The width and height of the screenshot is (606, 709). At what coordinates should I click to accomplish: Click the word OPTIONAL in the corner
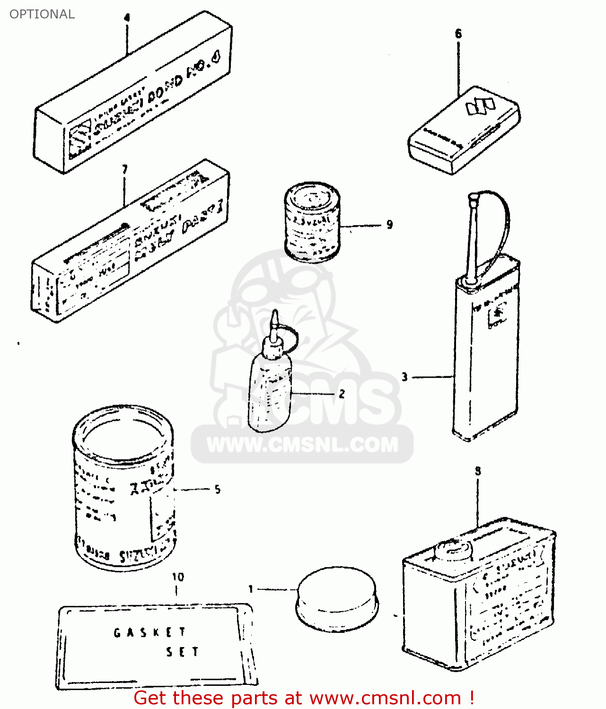(x=42, y=14)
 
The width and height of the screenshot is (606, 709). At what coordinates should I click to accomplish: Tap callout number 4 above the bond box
(x=126, y=18)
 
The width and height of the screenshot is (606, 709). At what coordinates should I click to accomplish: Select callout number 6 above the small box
(x=458, y=34)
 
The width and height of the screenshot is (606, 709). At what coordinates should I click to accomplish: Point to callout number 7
(x=124, y=169)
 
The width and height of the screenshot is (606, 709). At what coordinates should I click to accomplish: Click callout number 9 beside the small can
(x=389, y=225)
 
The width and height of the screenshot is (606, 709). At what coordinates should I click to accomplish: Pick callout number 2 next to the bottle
(x=342, y=393)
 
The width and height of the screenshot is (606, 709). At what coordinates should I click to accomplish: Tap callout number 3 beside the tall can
(x=404, y=377)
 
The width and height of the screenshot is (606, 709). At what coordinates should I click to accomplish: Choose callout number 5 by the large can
(x=217, y=489)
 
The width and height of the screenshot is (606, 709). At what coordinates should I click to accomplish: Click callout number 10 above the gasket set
(x=178, y=577)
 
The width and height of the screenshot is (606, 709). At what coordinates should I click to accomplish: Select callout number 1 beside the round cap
(x=251, y=589)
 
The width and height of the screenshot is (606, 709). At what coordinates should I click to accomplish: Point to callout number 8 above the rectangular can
(x=478, y=471)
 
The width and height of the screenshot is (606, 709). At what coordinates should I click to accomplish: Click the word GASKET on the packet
(x=150, y=632)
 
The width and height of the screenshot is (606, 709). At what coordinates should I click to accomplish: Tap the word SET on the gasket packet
(x=182, y=652)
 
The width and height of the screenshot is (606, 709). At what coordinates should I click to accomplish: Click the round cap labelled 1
(x=336, y=598)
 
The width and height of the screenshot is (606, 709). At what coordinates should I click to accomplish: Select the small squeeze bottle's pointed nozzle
(x=274, y=321)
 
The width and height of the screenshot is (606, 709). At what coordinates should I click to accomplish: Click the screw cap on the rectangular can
(x=454, y=549)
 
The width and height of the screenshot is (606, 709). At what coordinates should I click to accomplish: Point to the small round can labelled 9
(x=312, y=221)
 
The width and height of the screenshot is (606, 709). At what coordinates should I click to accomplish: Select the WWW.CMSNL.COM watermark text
(x=303, y=445)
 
